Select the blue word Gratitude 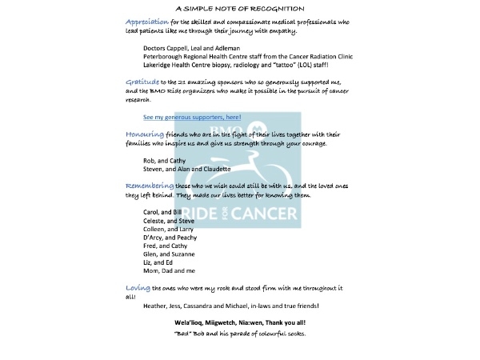(142, 82)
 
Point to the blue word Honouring (144, 134)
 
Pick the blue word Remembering (149, 186)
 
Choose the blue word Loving (138, 287)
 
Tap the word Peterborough (164, 57)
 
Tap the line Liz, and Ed (158, 262)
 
